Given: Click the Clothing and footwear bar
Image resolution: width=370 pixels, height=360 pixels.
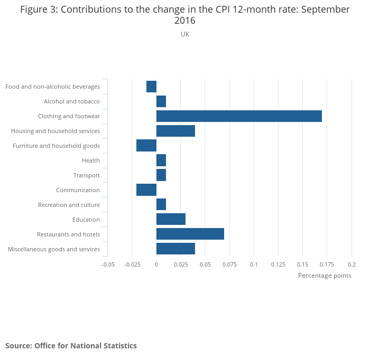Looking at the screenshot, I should (239, 116).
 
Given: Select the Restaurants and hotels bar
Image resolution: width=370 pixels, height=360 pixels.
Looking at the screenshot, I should (190, 234).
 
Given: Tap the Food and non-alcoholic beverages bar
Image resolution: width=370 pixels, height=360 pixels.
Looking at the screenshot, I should (151, 87).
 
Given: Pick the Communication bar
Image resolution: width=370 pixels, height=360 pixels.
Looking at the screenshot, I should (146, 190).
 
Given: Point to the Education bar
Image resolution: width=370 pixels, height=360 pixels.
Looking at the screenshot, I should (171, 220).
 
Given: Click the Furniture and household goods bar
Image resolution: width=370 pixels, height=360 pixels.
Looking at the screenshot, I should (146, 146).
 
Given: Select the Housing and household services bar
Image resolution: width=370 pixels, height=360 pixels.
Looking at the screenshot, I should (175, 131).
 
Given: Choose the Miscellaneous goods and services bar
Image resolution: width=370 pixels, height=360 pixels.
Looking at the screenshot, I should (175, 249).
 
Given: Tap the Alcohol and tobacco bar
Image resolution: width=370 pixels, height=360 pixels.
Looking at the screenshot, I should (161, 101).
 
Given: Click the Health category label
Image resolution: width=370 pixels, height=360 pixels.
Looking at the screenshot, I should (91, 160).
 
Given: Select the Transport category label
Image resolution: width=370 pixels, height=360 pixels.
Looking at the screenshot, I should (87, 175).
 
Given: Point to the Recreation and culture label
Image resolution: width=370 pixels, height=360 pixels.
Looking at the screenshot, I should (69, 205).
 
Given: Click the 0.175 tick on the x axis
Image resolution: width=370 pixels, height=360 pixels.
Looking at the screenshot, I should (327, 264).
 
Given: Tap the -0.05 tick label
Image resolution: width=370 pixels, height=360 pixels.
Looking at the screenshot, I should (108, 264).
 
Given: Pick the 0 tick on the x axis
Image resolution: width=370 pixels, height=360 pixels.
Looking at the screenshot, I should (156, 264).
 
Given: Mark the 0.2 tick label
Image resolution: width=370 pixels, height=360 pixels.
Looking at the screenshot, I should (351, 264).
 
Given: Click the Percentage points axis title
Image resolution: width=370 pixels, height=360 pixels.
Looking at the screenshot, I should (325, 276).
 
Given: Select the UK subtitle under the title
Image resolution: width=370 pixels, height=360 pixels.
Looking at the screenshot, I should (185, 34).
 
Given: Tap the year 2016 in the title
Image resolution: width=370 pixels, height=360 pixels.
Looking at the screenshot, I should (185, 21).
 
